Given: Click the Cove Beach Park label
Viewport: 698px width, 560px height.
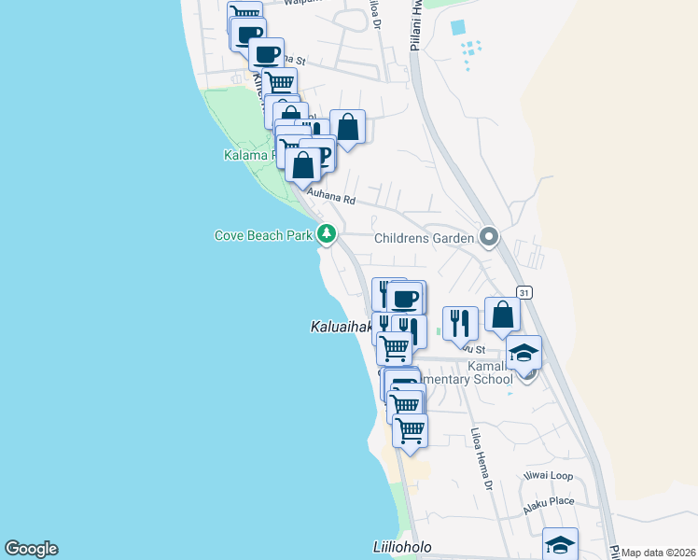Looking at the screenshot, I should (x=264, y=236).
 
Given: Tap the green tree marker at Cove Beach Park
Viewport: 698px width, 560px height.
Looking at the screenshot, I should (x=326, y=233).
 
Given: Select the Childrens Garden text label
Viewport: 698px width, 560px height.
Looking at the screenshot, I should (x=426, y=238).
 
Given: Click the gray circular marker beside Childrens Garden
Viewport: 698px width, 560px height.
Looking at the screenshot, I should (x=487, y=237).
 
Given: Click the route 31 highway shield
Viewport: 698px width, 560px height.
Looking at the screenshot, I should (x=525, y=292).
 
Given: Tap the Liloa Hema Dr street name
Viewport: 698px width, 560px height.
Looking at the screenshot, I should (x=481, y=459).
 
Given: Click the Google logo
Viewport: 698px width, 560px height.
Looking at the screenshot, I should (x=31, y=549).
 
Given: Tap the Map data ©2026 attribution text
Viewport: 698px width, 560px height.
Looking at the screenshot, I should (x=659, y=553).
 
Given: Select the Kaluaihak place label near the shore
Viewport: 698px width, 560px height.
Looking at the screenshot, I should (x=341, y=327).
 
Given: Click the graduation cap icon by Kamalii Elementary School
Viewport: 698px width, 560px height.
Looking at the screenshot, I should (x=523, y=353).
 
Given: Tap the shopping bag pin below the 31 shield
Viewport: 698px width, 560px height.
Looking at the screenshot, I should (x=502, y=315).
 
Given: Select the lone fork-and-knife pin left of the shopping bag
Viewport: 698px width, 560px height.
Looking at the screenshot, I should (x=459, y=323).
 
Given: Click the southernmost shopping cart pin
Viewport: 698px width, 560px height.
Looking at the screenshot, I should (x=410, y=431).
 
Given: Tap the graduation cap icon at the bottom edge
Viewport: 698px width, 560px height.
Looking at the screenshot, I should (x=560, y=544).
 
